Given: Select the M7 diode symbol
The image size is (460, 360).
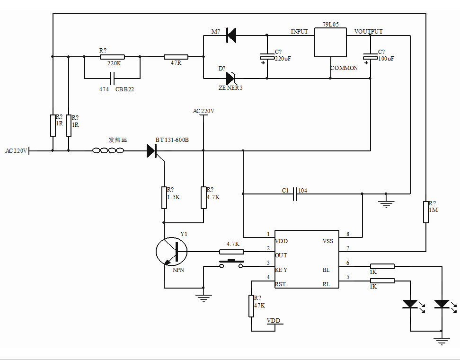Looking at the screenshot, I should pyautogui.click(x=231, y=35).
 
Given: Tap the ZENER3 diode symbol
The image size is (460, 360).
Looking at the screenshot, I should pyautogui.click(x=231, y=78).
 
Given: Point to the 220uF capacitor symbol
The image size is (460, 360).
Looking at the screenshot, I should pyautogui.click(x=267, y=58).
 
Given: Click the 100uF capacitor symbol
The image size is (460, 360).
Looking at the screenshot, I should pyautogui.click(x=370, y=58).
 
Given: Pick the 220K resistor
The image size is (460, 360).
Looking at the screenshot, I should pyautogui.click(x=112, y=57).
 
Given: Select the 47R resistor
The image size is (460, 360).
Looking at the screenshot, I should pyautogui.click(x=176, y=57).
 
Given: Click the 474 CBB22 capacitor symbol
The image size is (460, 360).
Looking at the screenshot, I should pyautogui.click(x=113, y=77).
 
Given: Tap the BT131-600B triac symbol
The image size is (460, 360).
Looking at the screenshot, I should pyautogui.click(x=152, y=151).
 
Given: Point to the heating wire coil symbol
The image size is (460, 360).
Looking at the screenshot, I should pyautogui.click(x=108, y=151).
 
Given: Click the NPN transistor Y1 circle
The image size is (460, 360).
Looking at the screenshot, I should pyautogui.click(x=171, y=251).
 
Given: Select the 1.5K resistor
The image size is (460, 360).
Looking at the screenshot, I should pyautogui.click(x=164, y=197).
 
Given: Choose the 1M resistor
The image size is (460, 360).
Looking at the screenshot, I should pyautogui.click(x=426, y=211).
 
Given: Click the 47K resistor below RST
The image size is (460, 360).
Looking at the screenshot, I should pyautogui.click(x=251, y=306).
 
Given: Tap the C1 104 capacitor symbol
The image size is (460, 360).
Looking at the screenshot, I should pyautogui.click(x=295, y=193).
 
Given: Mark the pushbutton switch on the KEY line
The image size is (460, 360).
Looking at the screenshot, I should pyautogui.click(x=231, y=263).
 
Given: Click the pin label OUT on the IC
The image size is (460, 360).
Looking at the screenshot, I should pyautogui.click(x=281, y=255).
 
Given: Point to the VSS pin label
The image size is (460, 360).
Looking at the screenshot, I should pyautogui.click(x=328, y=241).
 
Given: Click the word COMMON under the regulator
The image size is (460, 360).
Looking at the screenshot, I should pyautogui.click(x=344, y=68).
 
